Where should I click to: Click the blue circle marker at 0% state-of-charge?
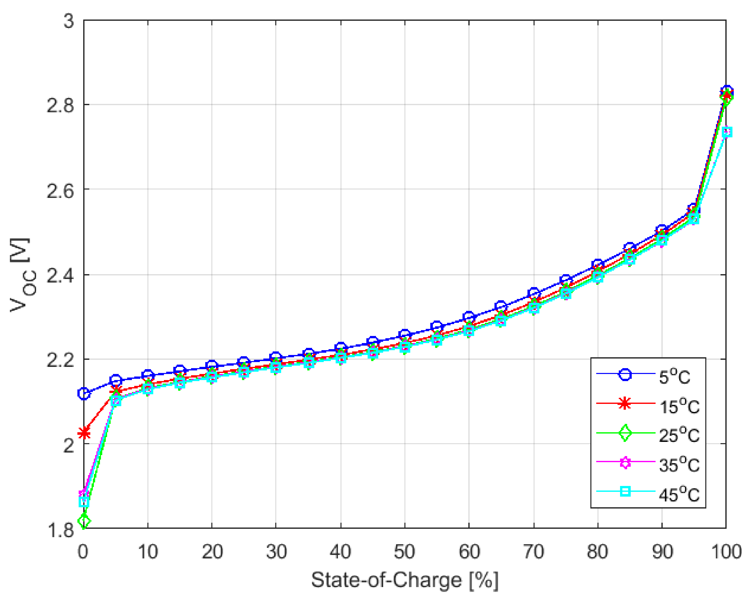coord(84,393)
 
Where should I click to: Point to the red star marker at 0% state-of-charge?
coord(84,434)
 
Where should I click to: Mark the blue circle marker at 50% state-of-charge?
coord(405,334)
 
